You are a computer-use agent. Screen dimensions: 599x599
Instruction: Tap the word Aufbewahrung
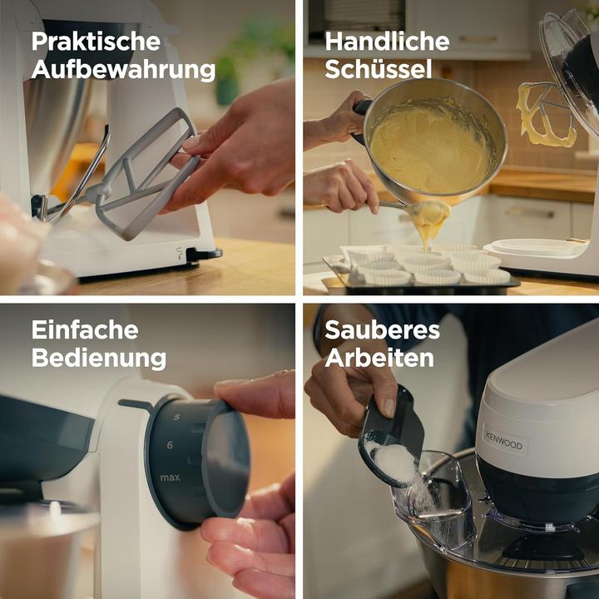(123, 71)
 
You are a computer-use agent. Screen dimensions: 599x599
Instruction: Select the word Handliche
(387, 42)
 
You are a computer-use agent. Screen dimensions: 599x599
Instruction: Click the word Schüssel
(378, 70)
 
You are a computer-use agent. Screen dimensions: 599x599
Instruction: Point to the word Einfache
(86, 330)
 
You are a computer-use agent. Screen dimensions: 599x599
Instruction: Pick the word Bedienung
(98, 359)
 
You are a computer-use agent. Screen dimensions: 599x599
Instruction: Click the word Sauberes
(382, 330)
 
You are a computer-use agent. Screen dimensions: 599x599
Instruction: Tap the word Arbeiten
(379, 359)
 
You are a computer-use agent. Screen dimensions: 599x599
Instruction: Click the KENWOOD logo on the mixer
(504, 441)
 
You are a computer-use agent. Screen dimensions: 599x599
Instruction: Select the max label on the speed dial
(170, 478)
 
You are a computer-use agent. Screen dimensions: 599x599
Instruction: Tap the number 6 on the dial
(170, 445)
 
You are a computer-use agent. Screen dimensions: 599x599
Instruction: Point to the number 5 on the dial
(176, 417)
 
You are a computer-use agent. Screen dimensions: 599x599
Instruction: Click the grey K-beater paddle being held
(146, 179)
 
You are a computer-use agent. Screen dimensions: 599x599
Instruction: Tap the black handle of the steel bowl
(362, 107)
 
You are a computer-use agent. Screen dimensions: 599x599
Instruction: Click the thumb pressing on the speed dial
(254, 395)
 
